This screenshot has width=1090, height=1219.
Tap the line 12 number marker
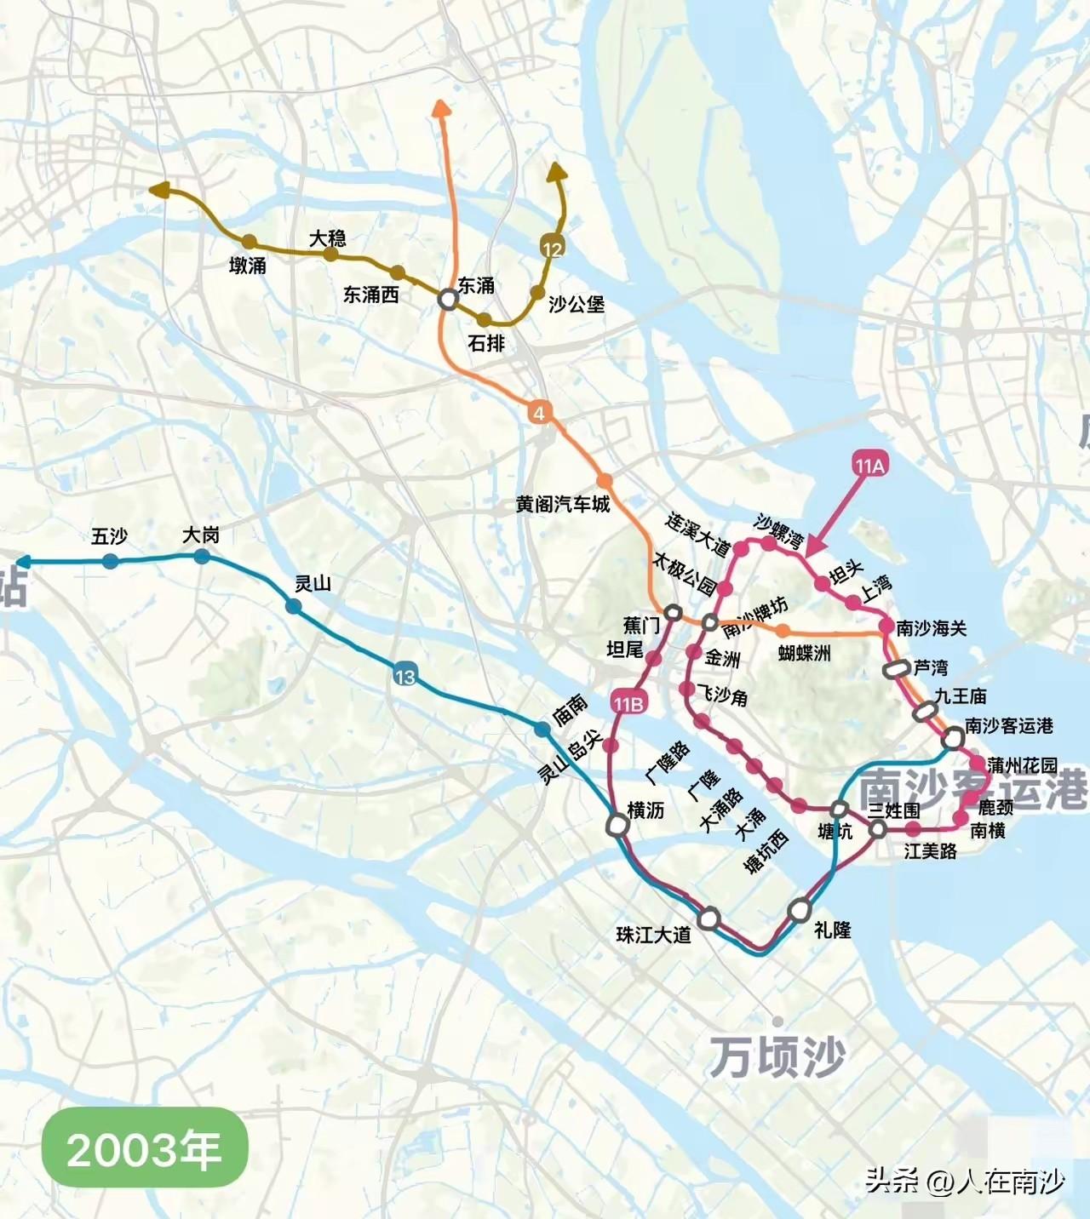click(x=552, y=248)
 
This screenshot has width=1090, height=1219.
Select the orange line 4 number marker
click(x=538, y=414)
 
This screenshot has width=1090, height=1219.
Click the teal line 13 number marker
click(x=404, y=676)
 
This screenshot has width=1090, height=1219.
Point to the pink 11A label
click(x=869, y=465)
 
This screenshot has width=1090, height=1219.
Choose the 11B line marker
click(x=628, y=703)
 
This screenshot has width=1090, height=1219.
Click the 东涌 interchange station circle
click(x=447, y=299)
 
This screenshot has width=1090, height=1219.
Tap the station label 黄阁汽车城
click(x=563, y=504)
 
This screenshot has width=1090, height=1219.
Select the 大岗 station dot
click(x=201, y=557)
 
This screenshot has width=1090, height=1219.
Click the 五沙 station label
click(x=109, y=536)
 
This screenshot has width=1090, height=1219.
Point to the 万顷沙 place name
click(x=777, y=1056)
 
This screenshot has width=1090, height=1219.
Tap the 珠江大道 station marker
click(x=708, y=919)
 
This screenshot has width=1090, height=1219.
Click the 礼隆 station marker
click(x=800, y=910)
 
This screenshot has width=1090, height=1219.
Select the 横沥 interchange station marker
click(x=618, y=824)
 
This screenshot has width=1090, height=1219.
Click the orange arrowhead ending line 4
click(x=441, y=107)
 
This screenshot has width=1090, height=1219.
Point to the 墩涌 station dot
click(x=249, y=242)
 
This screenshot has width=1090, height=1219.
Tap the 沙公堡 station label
click(x=577, y=304)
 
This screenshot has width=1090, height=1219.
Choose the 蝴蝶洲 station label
click(x=804, y=653)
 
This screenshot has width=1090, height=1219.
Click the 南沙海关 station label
click(x=932, y=628)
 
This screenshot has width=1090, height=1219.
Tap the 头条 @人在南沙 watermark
click(x=965, y=1181)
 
